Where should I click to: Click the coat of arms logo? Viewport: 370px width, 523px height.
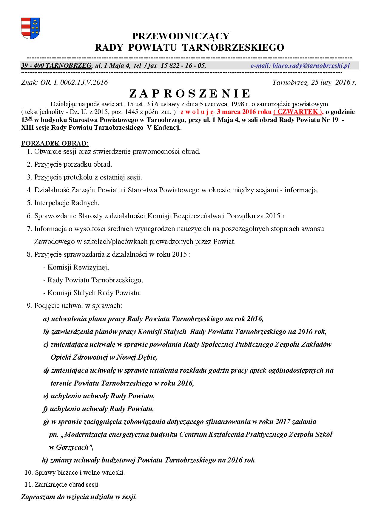(30, 28)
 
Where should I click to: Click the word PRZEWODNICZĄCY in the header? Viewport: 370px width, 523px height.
(181, 36)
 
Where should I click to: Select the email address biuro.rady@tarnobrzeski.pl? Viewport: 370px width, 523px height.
(300, 66)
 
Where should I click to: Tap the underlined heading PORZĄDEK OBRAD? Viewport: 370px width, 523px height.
(55, 143)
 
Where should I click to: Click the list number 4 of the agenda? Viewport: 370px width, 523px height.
(29, 190)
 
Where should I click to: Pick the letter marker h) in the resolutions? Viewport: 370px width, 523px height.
(45, 460)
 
